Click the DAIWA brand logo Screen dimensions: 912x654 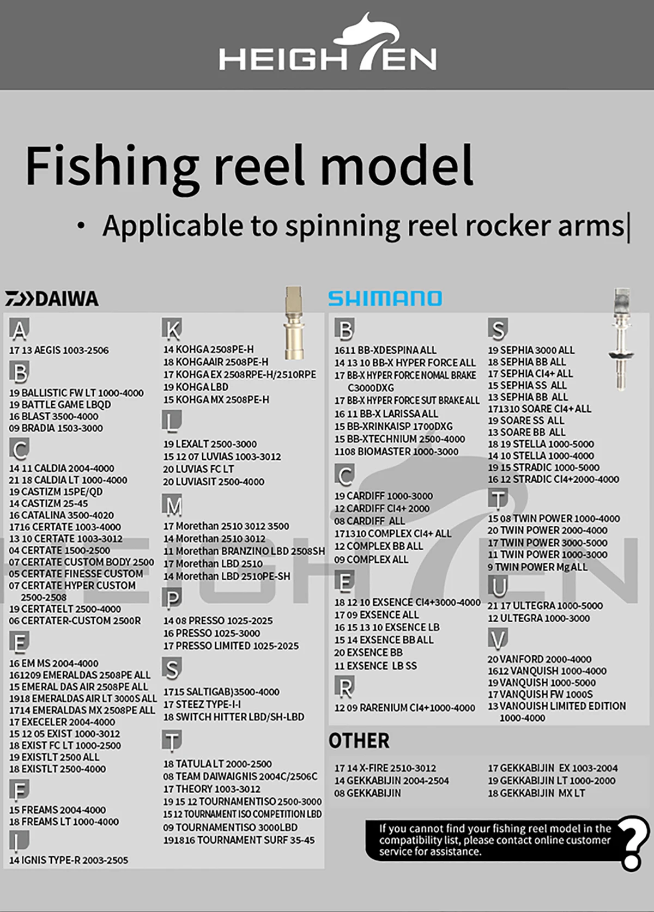52,299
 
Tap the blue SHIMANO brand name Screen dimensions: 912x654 385,299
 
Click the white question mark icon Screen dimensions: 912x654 634,842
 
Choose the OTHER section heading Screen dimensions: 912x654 359,741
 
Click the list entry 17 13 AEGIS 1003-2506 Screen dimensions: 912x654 59,350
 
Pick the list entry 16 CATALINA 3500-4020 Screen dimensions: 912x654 62,515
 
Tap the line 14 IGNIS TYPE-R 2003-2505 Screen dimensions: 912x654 69,860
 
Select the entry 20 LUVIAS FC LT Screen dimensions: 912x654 198,469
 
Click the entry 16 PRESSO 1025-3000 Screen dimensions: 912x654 211,633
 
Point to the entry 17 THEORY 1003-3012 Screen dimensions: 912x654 211,789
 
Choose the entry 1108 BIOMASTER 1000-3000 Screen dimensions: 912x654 396,452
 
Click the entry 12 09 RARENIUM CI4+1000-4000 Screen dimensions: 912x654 404,708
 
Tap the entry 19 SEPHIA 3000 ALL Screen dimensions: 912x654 531,350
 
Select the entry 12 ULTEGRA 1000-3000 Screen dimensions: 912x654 538,618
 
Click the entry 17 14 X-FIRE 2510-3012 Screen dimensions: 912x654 385,768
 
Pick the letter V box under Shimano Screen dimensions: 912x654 498,639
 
